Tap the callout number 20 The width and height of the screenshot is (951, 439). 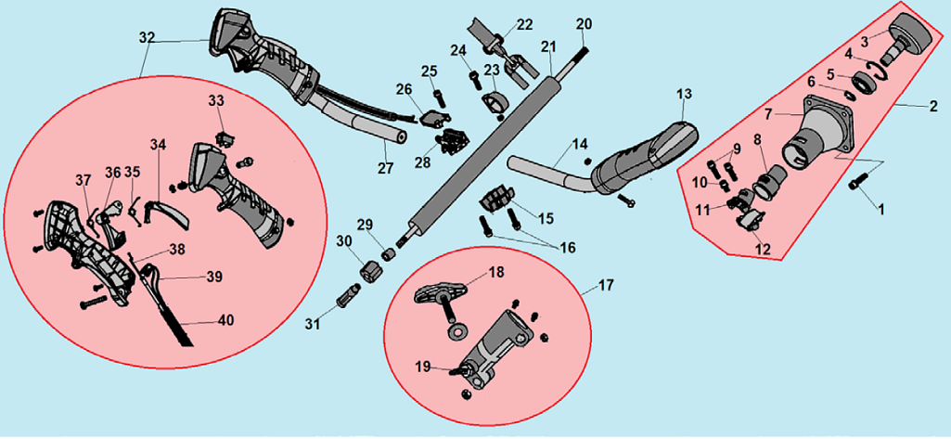[x=583, y=22]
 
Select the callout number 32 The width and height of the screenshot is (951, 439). [x=147, y=38]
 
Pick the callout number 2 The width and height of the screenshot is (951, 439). [x=933, y=107]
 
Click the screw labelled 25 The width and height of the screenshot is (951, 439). [x=439, y=94]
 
